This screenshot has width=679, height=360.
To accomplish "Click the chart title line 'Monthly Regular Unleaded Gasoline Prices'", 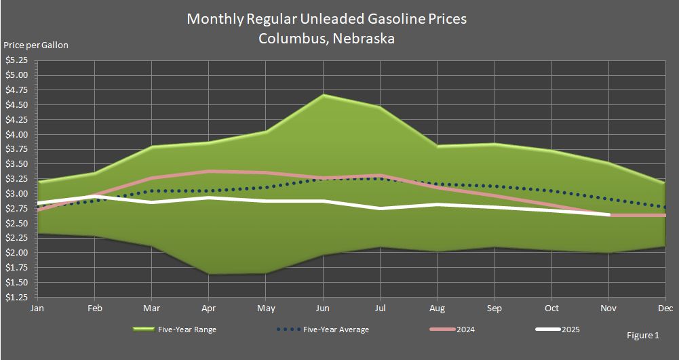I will click(x=326, y=19).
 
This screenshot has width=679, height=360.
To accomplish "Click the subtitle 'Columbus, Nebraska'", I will click(x=326, y=39).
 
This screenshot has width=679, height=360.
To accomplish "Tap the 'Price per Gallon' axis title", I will click(x=36, y=45).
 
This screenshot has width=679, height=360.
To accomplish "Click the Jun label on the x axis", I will click(x=324, y=308).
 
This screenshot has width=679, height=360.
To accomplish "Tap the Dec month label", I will click(x=665, y=308).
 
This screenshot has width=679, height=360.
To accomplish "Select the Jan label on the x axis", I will click(x=38, y=308).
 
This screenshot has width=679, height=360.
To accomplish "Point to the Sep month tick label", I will click(x=494, y=308).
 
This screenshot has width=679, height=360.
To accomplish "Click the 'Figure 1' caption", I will click(x=643, y=336).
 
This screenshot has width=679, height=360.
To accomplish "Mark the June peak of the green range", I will click(x=324, y=95).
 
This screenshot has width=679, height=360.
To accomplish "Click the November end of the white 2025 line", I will click(x=608, y=214).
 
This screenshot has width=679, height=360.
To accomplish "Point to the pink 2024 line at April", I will click(x=210, y=172).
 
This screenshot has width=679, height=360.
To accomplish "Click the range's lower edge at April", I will click(x=210, y=274).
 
